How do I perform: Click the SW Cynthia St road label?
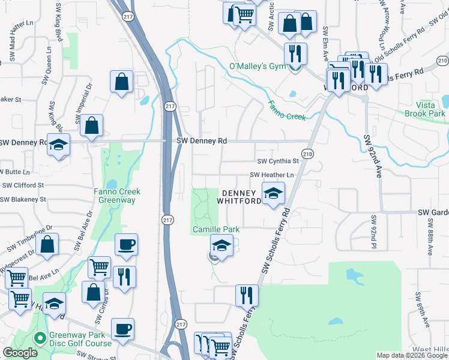[277, 161]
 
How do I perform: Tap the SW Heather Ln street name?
[273, 175]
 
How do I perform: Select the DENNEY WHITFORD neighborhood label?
[242, 197]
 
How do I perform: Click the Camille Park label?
[216, 229]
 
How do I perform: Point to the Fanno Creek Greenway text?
[117, 196]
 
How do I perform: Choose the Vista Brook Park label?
[424, 109]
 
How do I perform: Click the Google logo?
[20, 353]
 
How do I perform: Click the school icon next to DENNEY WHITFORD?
[273, 194]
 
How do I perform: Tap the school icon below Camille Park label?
[221, 246]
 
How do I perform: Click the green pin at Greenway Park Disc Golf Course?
[40, 338]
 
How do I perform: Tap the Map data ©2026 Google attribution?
[412, 355]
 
